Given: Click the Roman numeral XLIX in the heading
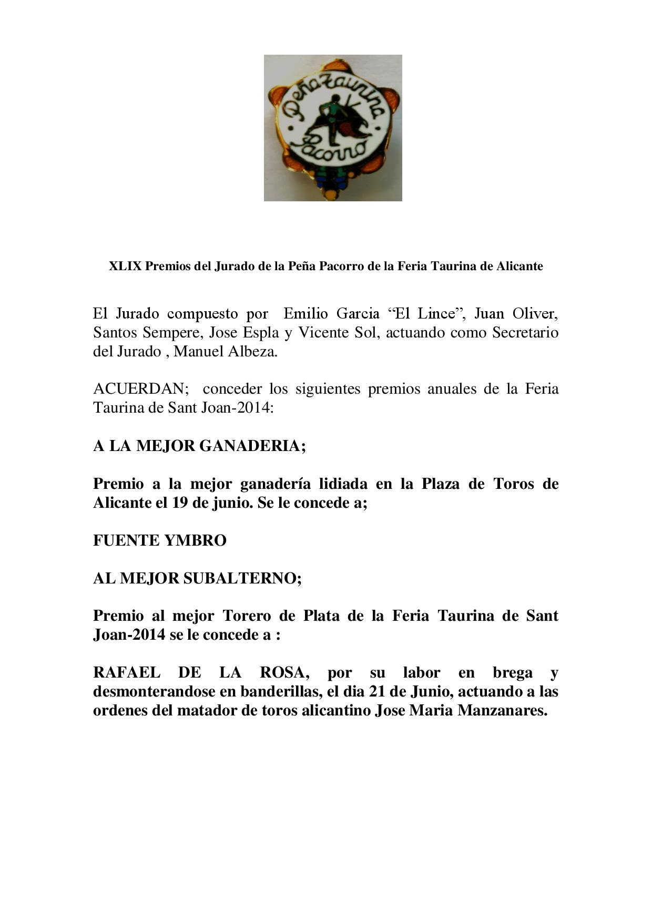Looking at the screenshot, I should click(125, 266).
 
